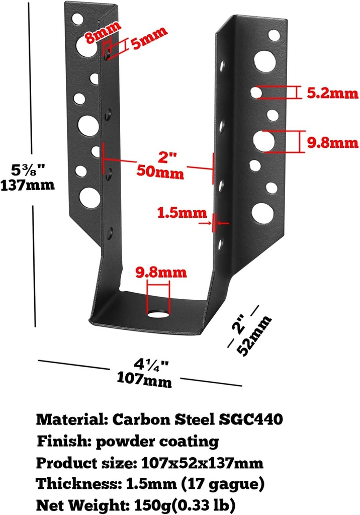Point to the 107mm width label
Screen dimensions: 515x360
click(x=144, y=378)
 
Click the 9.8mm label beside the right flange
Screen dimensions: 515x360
click(x=333, y=142)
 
